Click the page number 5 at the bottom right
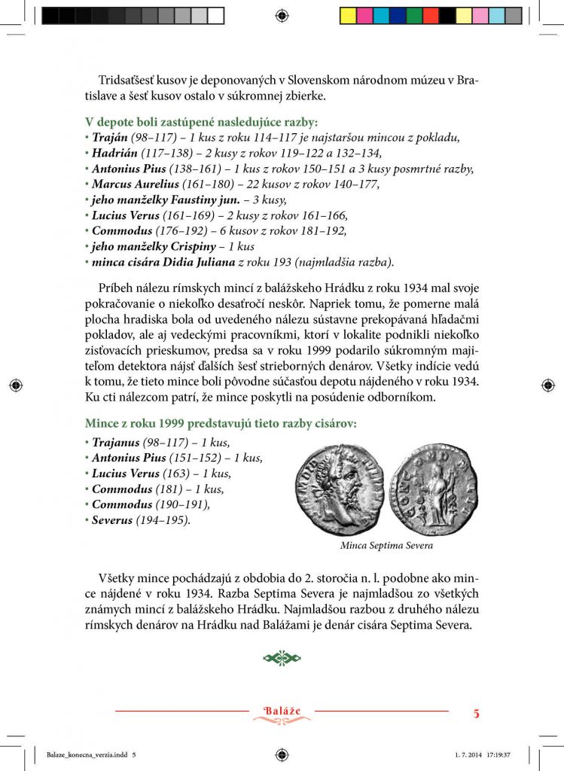[x=476, y=712]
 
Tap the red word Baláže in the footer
[x=282, y=711]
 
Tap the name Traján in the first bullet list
[x=109, y=138]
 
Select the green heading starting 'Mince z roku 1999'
[x=221, y=424]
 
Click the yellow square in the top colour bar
[x=349, y=16]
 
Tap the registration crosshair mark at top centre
[x=282, y=15]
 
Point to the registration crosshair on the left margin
[x=15, y=385]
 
